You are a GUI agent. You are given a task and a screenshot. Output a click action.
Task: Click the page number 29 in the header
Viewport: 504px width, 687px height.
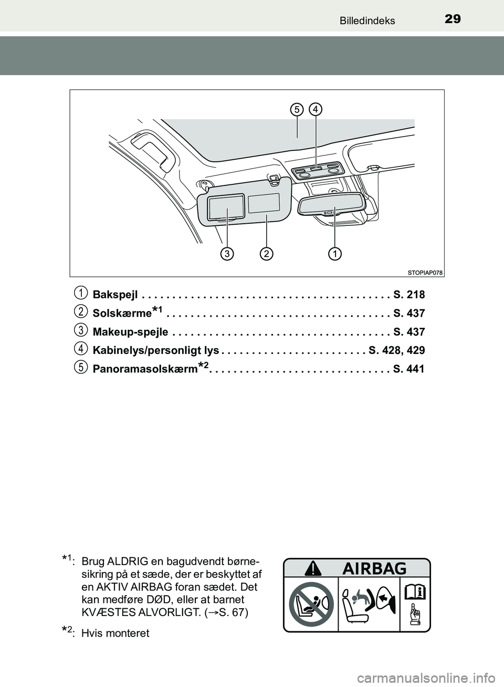452,19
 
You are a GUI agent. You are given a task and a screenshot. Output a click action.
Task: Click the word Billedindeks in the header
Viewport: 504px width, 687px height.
367,20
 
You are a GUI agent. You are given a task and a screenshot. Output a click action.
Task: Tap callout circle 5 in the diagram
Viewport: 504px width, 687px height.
297,109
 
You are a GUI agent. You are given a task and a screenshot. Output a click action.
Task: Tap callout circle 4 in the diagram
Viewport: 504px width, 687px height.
316,109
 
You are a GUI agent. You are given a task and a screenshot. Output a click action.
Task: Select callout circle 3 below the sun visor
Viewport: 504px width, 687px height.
227,254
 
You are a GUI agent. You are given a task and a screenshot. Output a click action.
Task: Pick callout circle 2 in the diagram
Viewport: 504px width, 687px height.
267,254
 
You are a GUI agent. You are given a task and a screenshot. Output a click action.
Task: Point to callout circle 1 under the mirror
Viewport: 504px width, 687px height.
334,254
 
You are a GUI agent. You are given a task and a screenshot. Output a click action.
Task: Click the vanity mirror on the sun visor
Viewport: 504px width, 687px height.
226,206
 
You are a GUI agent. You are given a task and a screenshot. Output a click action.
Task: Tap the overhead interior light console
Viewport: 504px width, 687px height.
316,171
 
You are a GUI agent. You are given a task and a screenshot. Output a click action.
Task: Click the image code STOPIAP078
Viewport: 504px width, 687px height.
425,272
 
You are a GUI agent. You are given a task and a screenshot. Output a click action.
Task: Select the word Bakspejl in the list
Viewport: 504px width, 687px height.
115,294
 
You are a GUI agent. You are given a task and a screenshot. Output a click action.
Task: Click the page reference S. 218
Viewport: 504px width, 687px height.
408,294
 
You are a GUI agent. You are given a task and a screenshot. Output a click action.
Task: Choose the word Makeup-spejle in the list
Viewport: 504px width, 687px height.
130,332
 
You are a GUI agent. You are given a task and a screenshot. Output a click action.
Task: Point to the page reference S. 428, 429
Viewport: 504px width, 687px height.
397,350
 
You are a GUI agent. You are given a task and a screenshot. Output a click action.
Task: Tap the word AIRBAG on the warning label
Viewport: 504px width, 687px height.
375,568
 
